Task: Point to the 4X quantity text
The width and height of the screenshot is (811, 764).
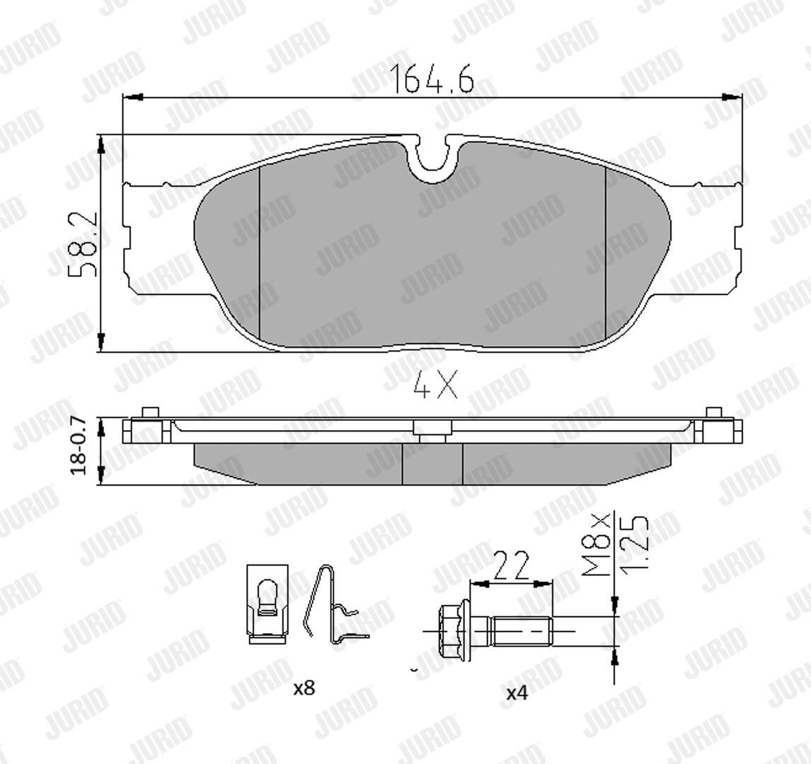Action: click(x=436, y=387)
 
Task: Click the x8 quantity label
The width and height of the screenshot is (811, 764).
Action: click(x=304, y=688)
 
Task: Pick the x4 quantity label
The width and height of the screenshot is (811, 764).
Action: click(x=517, y=693)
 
